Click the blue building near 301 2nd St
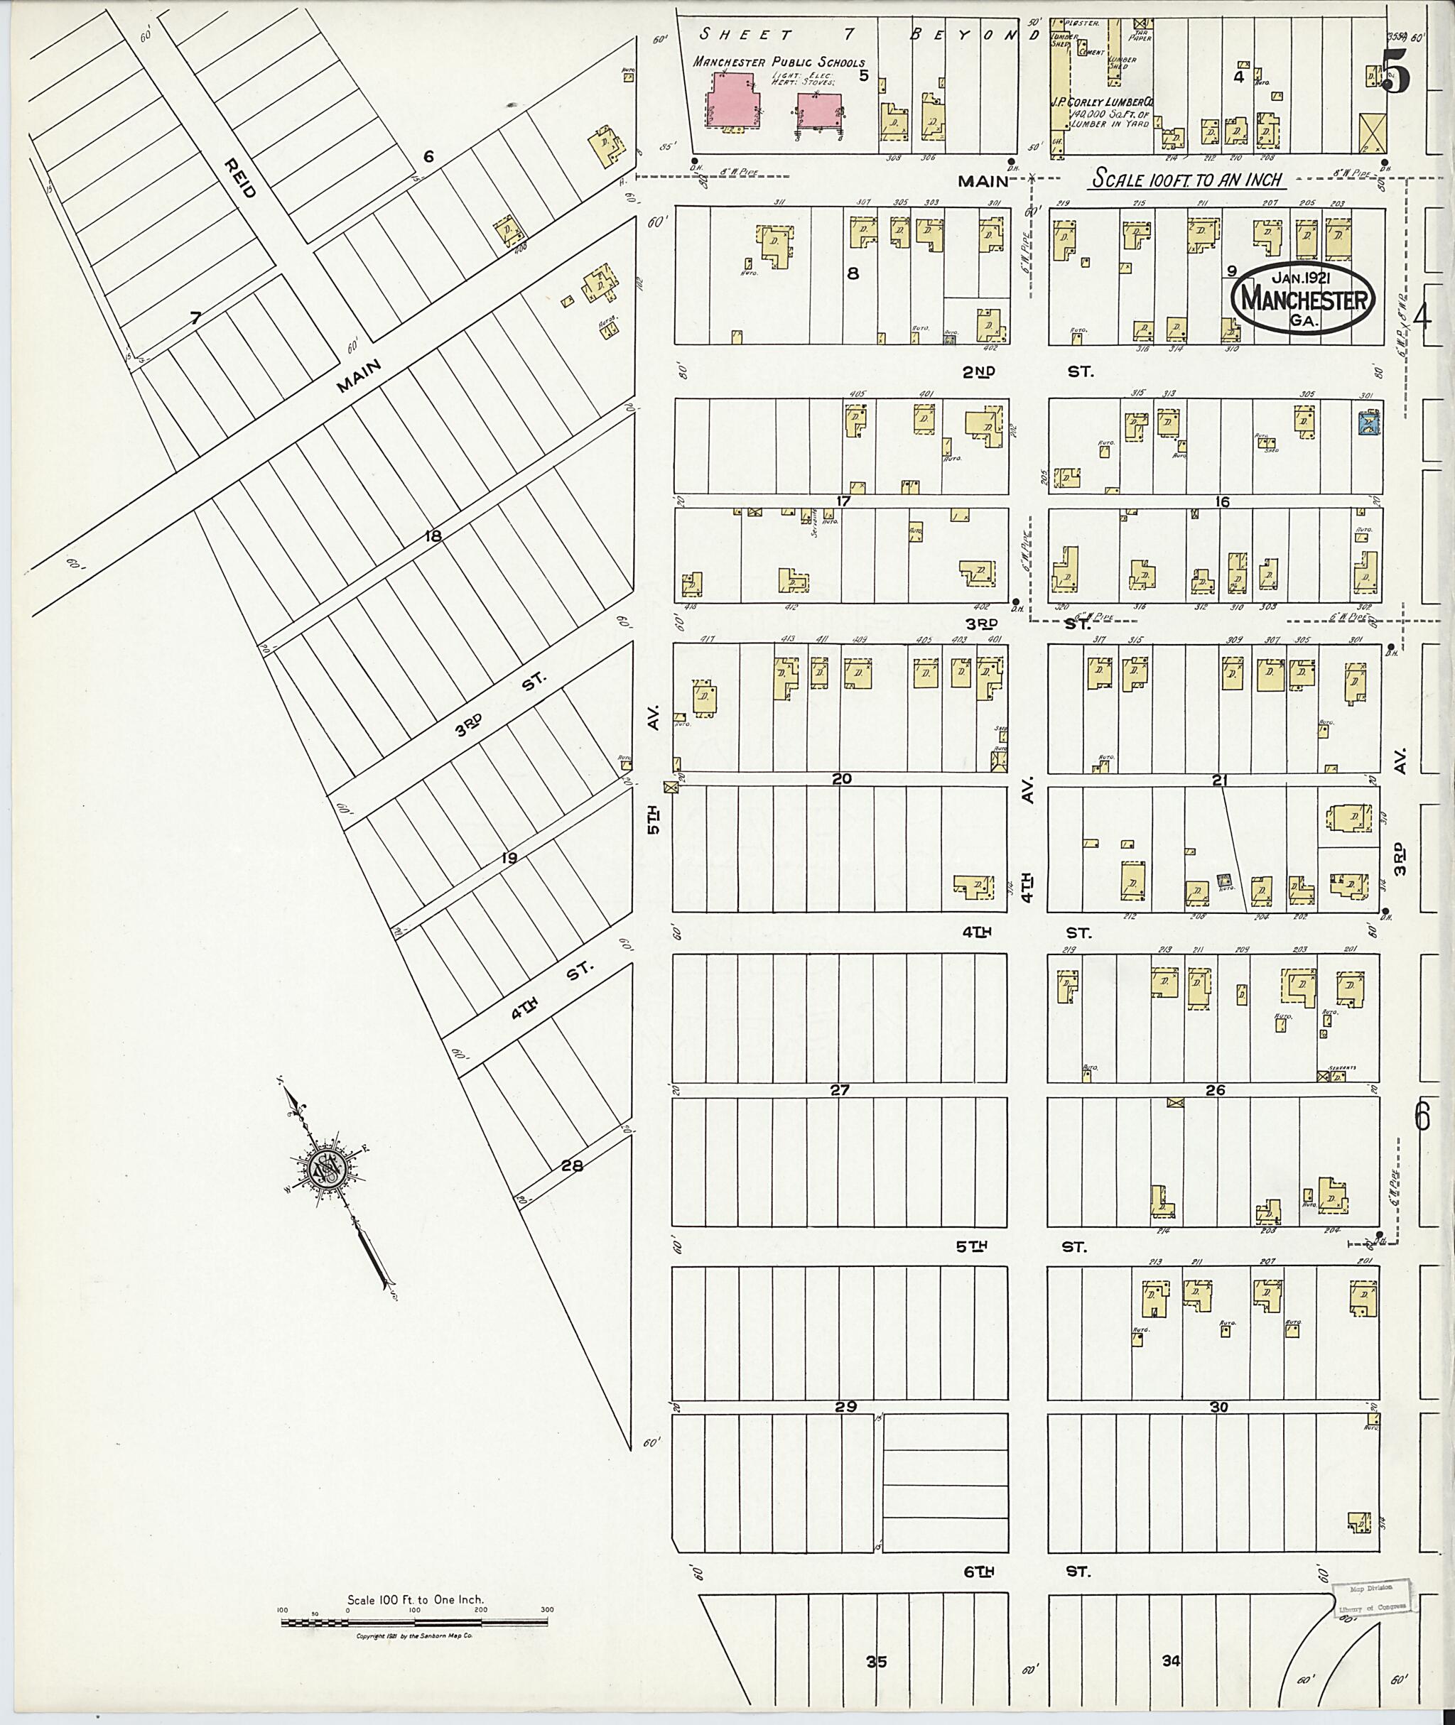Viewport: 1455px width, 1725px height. point(1369,424)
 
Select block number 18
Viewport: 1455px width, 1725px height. point(432,537)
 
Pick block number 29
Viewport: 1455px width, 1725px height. point(845,1407)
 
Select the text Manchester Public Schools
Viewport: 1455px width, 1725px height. point(779,62)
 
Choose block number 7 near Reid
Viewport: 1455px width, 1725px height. point(195,318)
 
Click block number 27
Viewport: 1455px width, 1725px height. point(839,1090)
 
